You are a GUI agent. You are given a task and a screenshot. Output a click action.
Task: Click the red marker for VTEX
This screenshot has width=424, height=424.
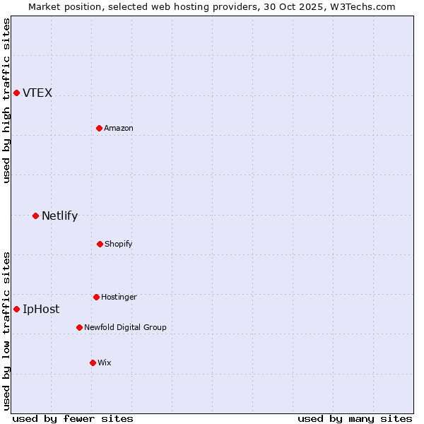[x=16, y=93]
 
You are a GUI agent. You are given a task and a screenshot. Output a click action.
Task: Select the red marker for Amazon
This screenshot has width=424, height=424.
[x=99, y=128]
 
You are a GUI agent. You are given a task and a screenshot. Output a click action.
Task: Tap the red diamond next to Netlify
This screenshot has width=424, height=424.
[x=35, y=216]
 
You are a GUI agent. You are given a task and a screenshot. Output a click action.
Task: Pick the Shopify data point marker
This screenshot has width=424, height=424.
[x=100, y=244]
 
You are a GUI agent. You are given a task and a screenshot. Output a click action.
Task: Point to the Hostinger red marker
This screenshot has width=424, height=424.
[x=96, y=297]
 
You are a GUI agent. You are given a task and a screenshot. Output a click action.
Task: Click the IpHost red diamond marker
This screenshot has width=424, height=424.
[x=16, y=309]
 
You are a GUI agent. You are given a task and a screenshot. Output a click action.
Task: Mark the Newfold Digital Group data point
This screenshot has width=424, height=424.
[x=79, y=327]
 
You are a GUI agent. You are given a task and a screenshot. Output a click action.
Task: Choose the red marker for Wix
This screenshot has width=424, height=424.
[x=93, y=363]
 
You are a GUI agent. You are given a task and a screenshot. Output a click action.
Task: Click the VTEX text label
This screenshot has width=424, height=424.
[x=37, y=93]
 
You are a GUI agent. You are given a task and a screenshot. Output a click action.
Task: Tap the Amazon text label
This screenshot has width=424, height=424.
[x=119, y=128]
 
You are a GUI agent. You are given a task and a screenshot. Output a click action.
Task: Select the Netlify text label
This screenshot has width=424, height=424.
[x=59, y=216]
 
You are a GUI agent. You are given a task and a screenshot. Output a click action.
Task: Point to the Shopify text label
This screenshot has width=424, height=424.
[x=119, y=244]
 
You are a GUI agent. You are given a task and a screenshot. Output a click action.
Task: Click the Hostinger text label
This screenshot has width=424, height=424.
[x=119, y=297]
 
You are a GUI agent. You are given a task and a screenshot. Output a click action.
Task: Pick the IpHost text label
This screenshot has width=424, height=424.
[x=41, y=309]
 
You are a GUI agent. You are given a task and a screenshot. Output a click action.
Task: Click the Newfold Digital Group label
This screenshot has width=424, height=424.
[x=125, y=327]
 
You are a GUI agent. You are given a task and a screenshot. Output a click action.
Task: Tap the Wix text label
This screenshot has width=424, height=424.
[x=105, y=363]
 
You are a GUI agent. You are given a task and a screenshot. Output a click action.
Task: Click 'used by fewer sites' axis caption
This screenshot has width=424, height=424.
[x=73, y=418]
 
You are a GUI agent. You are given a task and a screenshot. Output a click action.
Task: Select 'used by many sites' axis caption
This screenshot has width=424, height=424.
[x=355, y=418]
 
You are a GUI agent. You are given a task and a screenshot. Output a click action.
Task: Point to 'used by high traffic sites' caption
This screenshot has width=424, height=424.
[x=6, y=100]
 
